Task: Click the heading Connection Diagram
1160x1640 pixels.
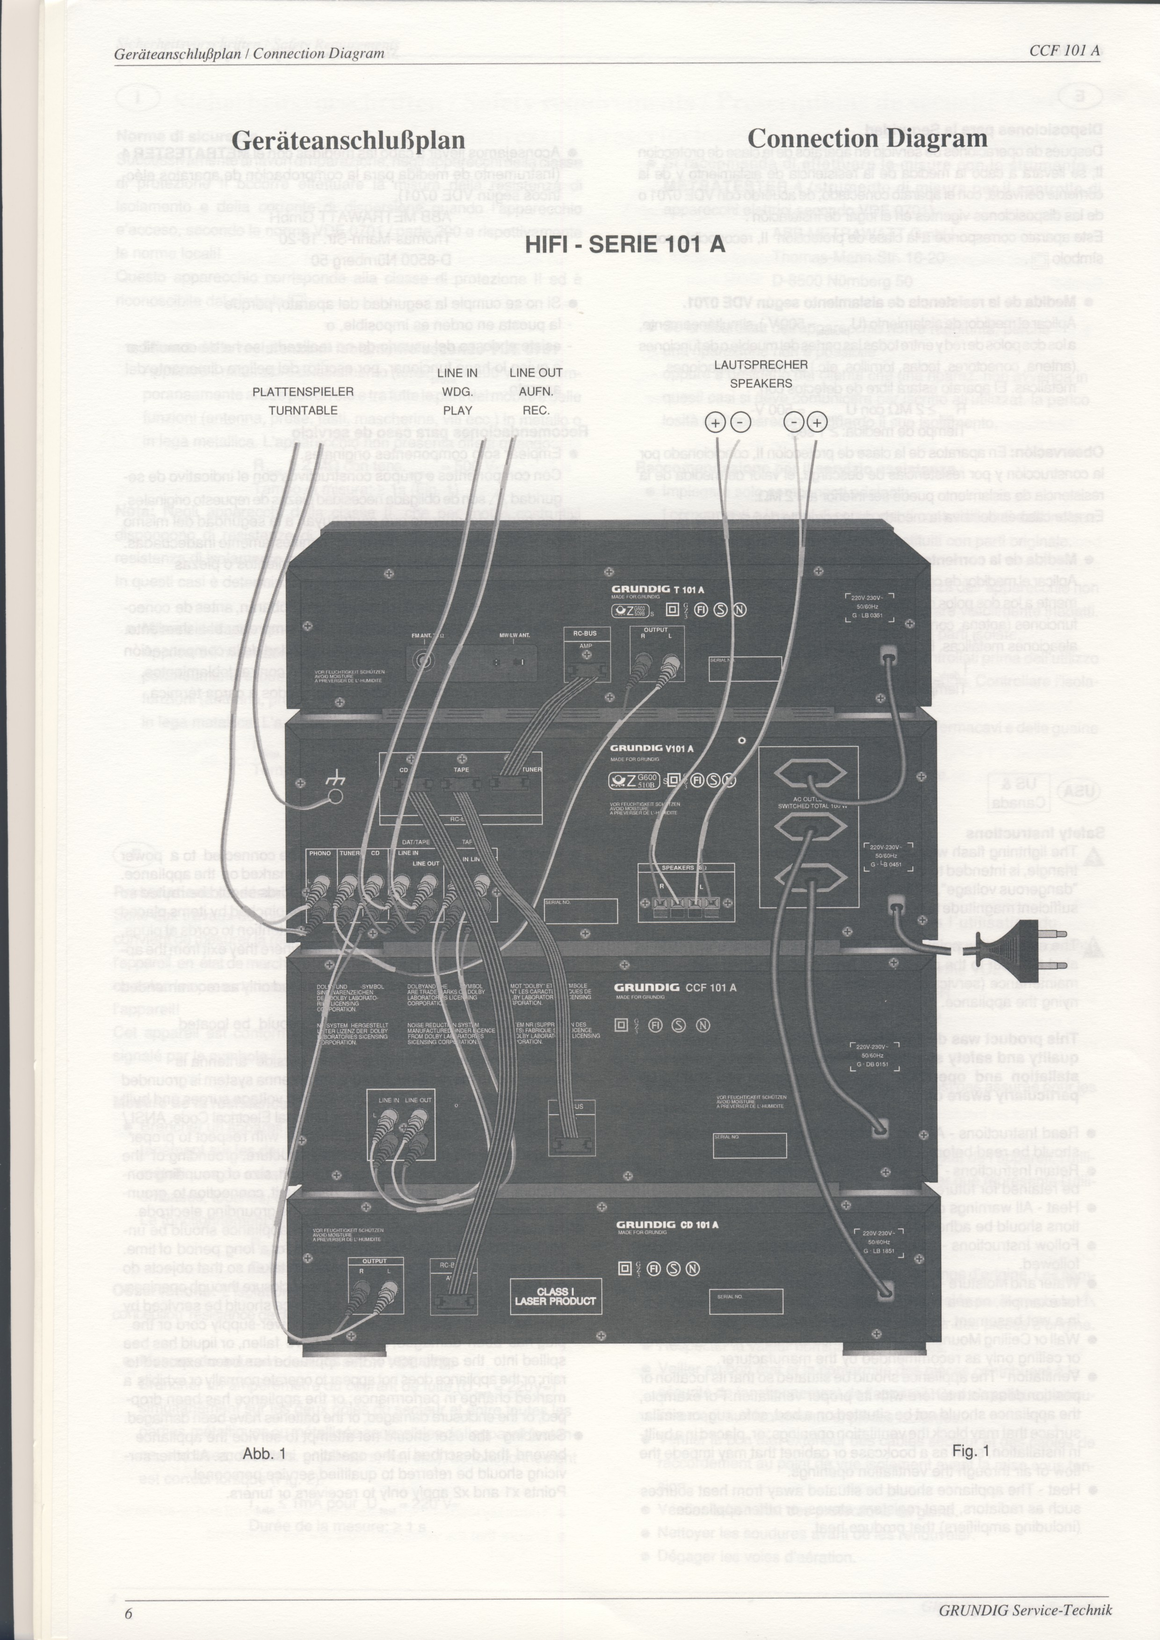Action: click(867, 138)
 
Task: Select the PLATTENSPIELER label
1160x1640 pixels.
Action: click(303, 391)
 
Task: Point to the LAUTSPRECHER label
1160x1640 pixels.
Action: click(761, 364)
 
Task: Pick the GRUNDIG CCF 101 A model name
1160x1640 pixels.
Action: click(675, 988)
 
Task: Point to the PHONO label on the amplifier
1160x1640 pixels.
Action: click(319, 853)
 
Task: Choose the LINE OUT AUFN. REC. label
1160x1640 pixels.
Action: click(536, 391)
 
